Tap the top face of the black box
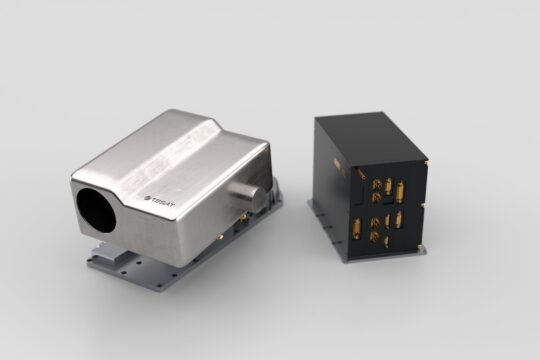pyautogui.click(x=369, y=134)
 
